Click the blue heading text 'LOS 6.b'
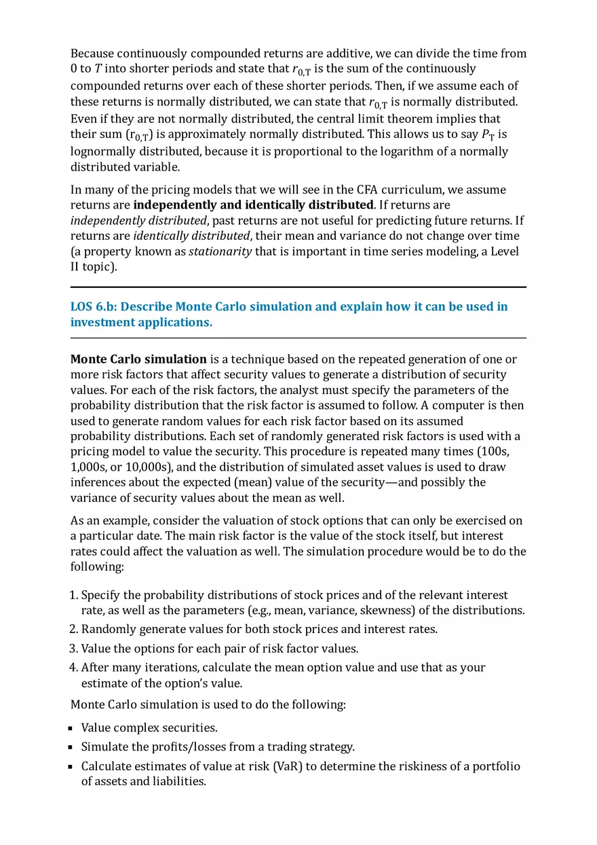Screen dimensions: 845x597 92,306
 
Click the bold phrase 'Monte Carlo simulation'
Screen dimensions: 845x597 138,359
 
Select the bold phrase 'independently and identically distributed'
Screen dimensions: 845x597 253,204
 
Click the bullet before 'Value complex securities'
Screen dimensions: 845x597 71,729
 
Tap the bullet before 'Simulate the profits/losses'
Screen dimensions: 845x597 71,748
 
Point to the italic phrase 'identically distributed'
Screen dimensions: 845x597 191,236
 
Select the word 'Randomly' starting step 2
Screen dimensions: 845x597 106,629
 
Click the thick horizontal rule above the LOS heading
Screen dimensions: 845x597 298,287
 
